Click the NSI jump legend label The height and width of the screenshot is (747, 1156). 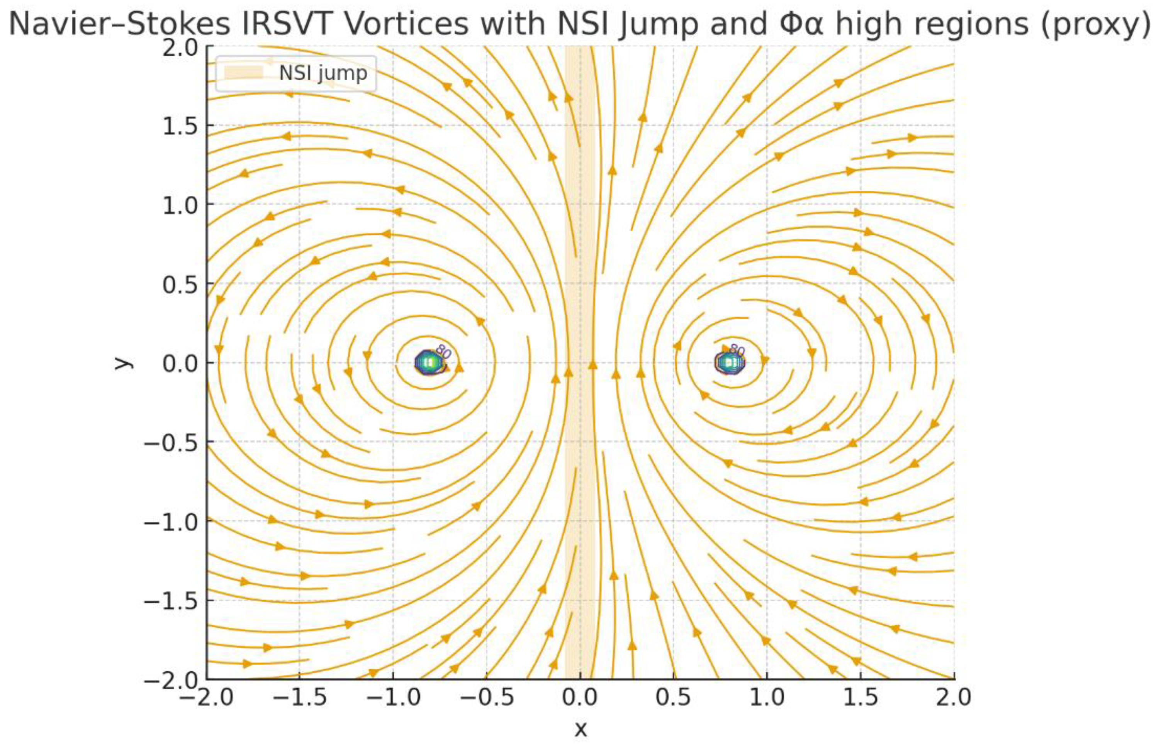pyautogui.click(x=323, y=73)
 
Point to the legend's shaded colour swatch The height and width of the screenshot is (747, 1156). pyautogui.click(x=243, y=73)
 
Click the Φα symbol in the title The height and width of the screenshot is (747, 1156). pyautogui.click(x=801, y=23)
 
